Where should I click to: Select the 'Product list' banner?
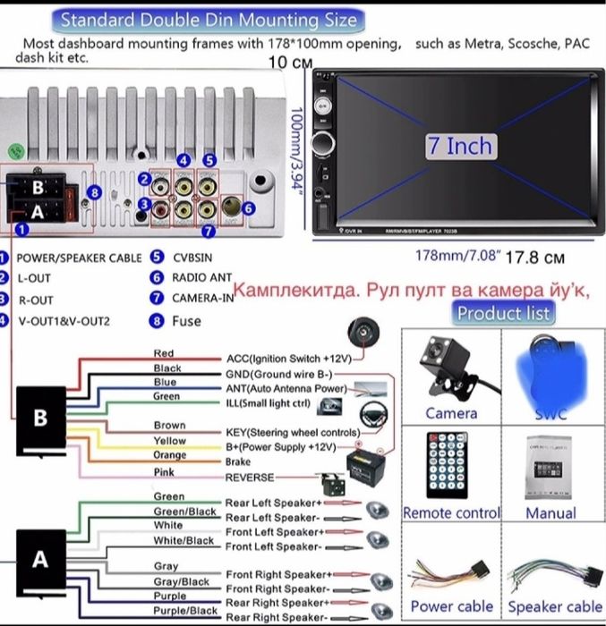pos(504,312)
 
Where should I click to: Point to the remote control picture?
pos(451,466)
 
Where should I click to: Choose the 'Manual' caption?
pos(551,513)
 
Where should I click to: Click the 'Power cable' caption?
pos(451,606)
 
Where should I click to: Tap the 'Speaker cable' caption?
pos(555,606)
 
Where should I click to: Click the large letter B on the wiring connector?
pos(39,418)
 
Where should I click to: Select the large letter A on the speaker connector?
pos(39,559)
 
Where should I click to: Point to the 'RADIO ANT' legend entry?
pos(202,277)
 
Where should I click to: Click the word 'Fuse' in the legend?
pos(187,320)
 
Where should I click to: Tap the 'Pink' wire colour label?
pos(164,471)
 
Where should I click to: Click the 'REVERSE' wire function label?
pos(250,478)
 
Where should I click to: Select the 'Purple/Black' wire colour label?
pos(182,611)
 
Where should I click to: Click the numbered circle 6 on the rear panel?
pos(249,207)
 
